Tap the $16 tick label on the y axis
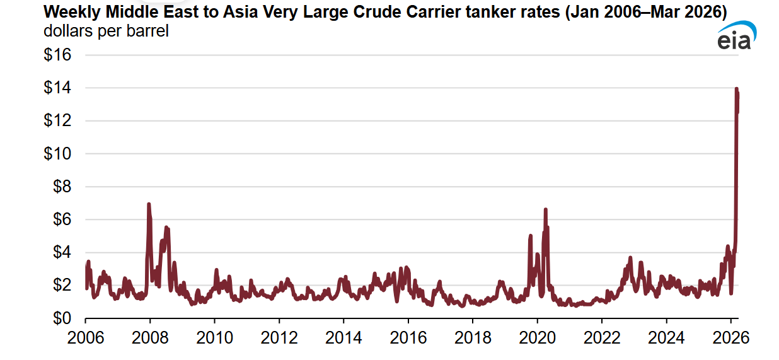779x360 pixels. coord(57,55)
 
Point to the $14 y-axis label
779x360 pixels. coord(57,88)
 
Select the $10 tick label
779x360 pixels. coord(57,154)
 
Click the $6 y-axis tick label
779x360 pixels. coord(61,219)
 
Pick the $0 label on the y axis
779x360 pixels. coord(61,318)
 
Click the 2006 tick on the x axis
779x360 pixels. coord(86,337)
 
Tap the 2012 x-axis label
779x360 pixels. coord(279,337)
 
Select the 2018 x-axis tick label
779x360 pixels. coord(473,337)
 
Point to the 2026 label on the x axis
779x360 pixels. coord(731,337)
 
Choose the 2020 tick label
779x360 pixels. coord(538,337)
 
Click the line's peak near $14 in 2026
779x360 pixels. coord(736,89)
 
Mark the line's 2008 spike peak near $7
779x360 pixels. coord(149,204)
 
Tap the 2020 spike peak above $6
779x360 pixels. coord(545,209)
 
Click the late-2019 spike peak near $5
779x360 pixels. coord(530,236)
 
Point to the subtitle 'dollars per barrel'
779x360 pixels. coord(106,30)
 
